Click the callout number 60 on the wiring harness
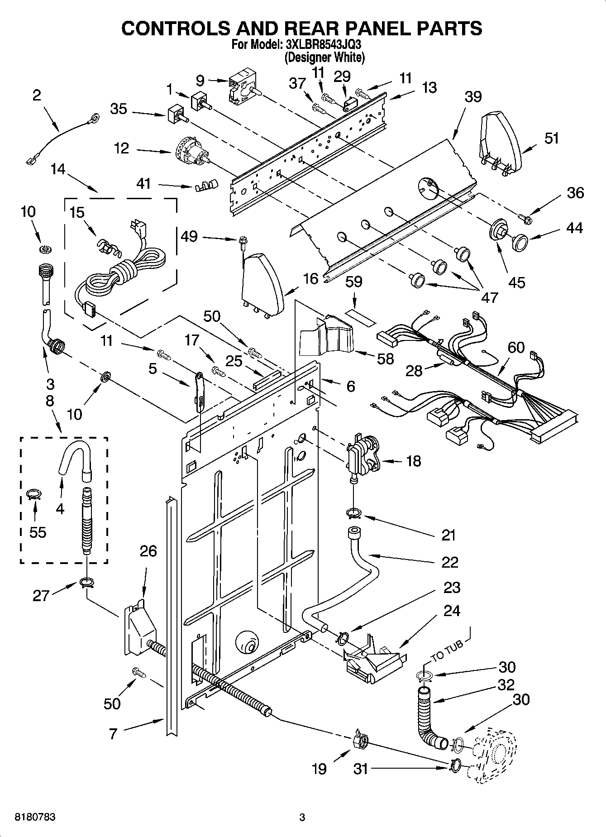tap(516, 348)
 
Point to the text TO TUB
tap(448, 650)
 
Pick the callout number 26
tap(148, 551)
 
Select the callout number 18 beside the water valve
tap(413, 461)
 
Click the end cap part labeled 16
tap(262, 282)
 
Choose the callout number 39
tap(473, 96)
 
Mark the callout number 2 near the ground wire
tap(37, 95)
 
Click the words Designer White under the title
tap(324, 58)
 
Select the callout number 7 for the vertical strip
tap(113, 733)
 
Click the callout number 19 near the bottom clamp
tap(319, 769)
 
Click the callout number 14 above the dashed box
tap(58, 170)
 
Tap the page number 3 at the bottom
tap(302, 818)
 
